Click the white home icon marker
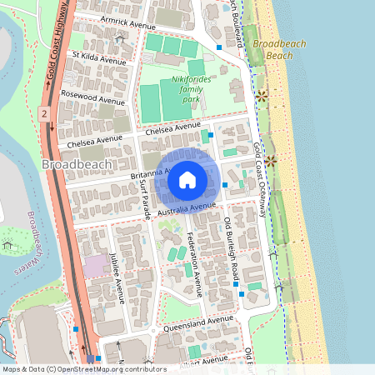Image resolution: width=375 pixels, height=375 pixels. pyautogui.click(x=187, y=180)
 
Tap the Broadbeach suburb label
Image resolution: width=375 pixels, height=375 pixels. pyautogui.click(x=74, y=165)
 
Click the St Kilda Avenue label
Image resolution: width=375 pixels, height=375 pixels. pyautogui.click(x=99, y=58)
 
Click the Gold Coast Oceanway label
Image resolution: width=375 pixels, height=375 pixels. pyautogui.click(x=261, y=179)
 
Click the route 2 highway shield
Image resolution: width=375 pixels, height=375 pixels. pyautogui.click(x=43, y=111)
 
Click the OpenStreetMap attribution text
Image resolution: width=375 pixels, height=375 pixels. pyautogui.click(x=84, y=369)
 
